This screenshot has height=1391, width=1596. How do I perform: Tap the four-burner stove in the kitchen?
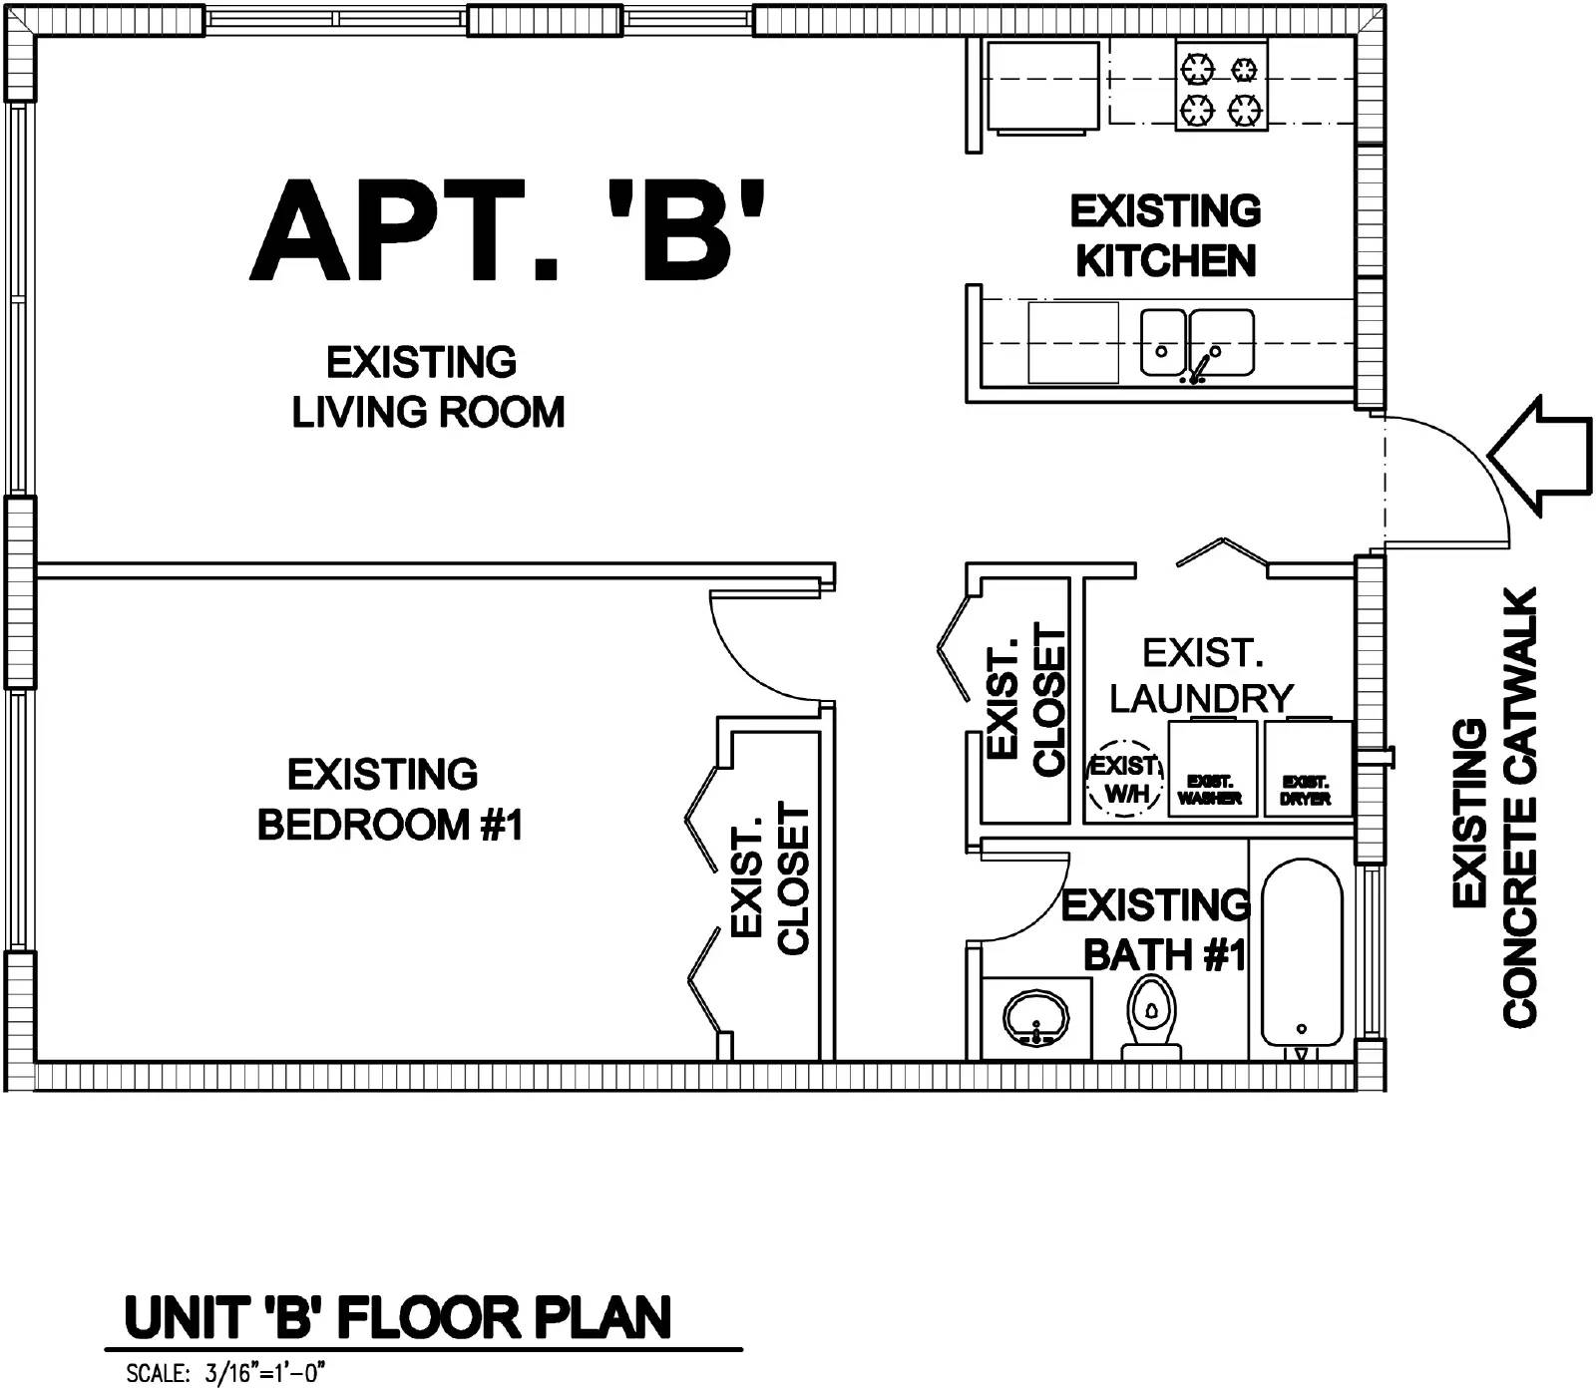[1221, 86]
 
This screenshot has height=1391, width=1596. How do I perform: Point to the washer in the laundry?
[1212, 769]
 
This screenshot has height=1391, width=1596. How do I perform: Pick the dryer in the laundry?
[1307, 769]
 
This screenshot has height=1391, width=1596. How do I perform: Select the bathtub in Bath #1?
[1302, 951]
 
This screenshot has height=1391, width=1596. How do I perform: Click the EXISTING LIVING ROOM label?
[428, 387]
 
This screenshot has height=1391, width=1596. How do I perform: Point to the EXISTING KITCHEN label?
[1165, 236]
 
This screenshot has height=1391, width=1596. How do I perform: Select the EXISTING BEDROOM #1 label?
[390, 800]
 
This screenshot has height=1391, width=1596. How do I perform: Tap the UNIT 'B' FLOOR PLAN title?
[398, 1317]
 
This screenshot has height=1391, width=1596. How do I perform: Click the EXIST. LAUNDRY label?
[1202, 676]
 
